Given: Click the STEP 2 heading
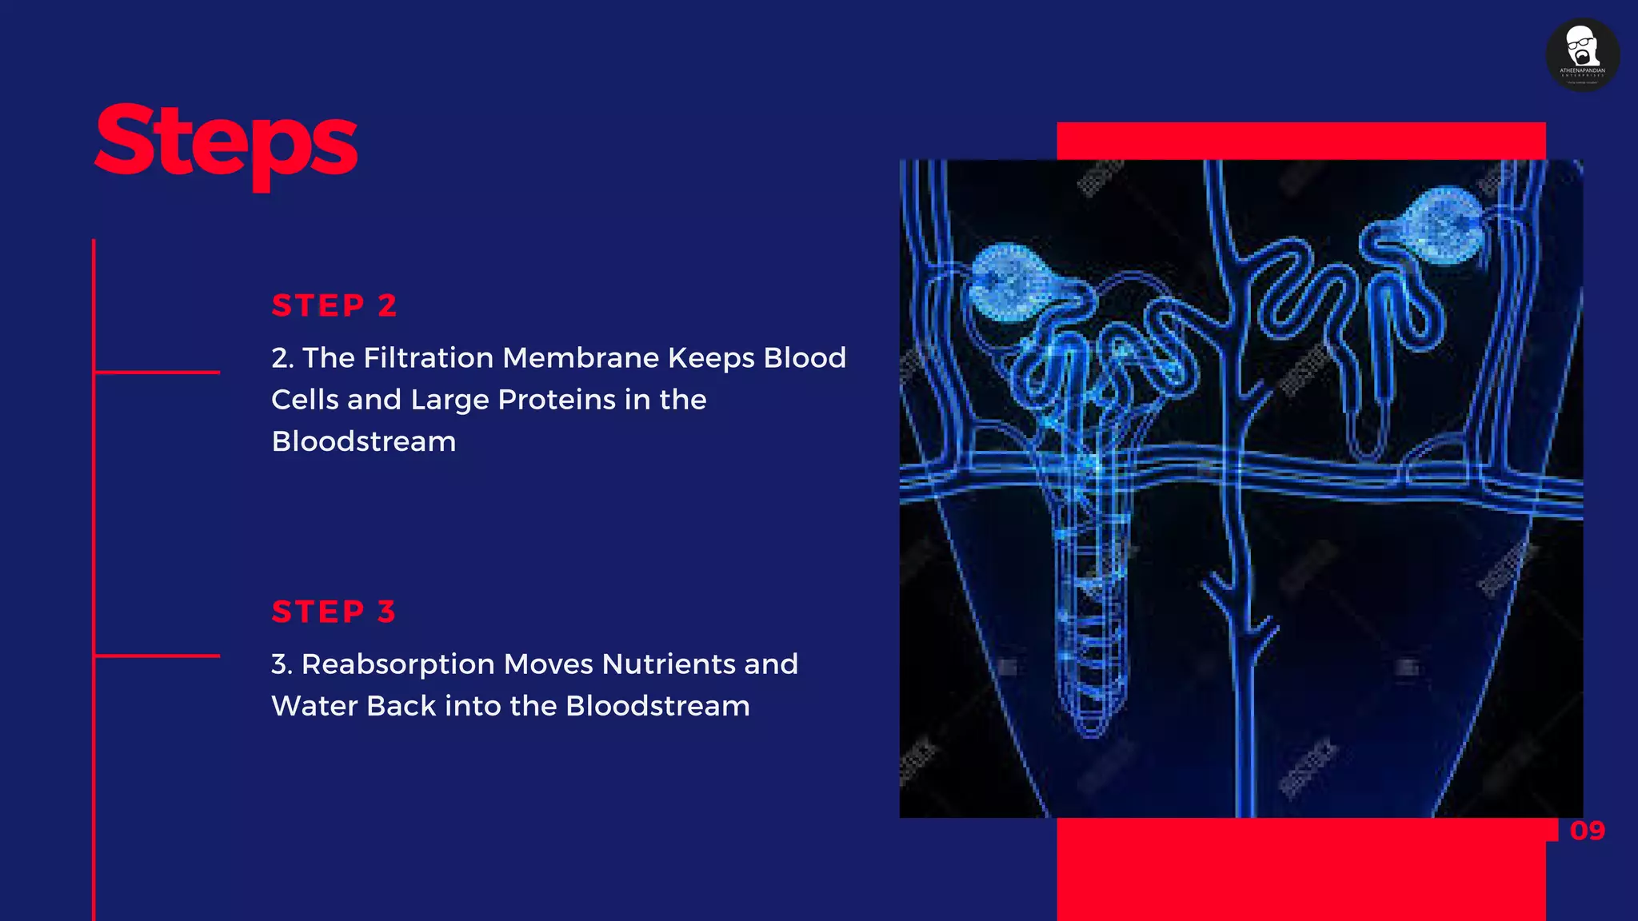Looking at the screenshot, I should pos(334,305).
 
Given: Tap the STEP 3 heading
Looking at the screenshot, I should pos(334,612).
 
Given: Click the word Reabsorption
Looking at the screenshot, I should pos(398,664).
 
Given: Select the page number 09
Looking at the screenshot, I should pos(1587,831).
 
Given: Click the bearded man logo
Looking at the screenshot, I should pos(1582,54).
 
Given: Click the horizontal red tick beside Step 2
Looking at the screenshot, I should pos(157,372).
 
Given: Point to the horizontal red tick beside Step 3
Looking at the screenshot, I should pos(157,656).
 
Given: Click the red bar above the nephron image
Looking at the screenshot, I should pos(1300,141).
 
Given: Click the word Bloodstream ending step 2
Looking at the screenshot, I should pos(364,441).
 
